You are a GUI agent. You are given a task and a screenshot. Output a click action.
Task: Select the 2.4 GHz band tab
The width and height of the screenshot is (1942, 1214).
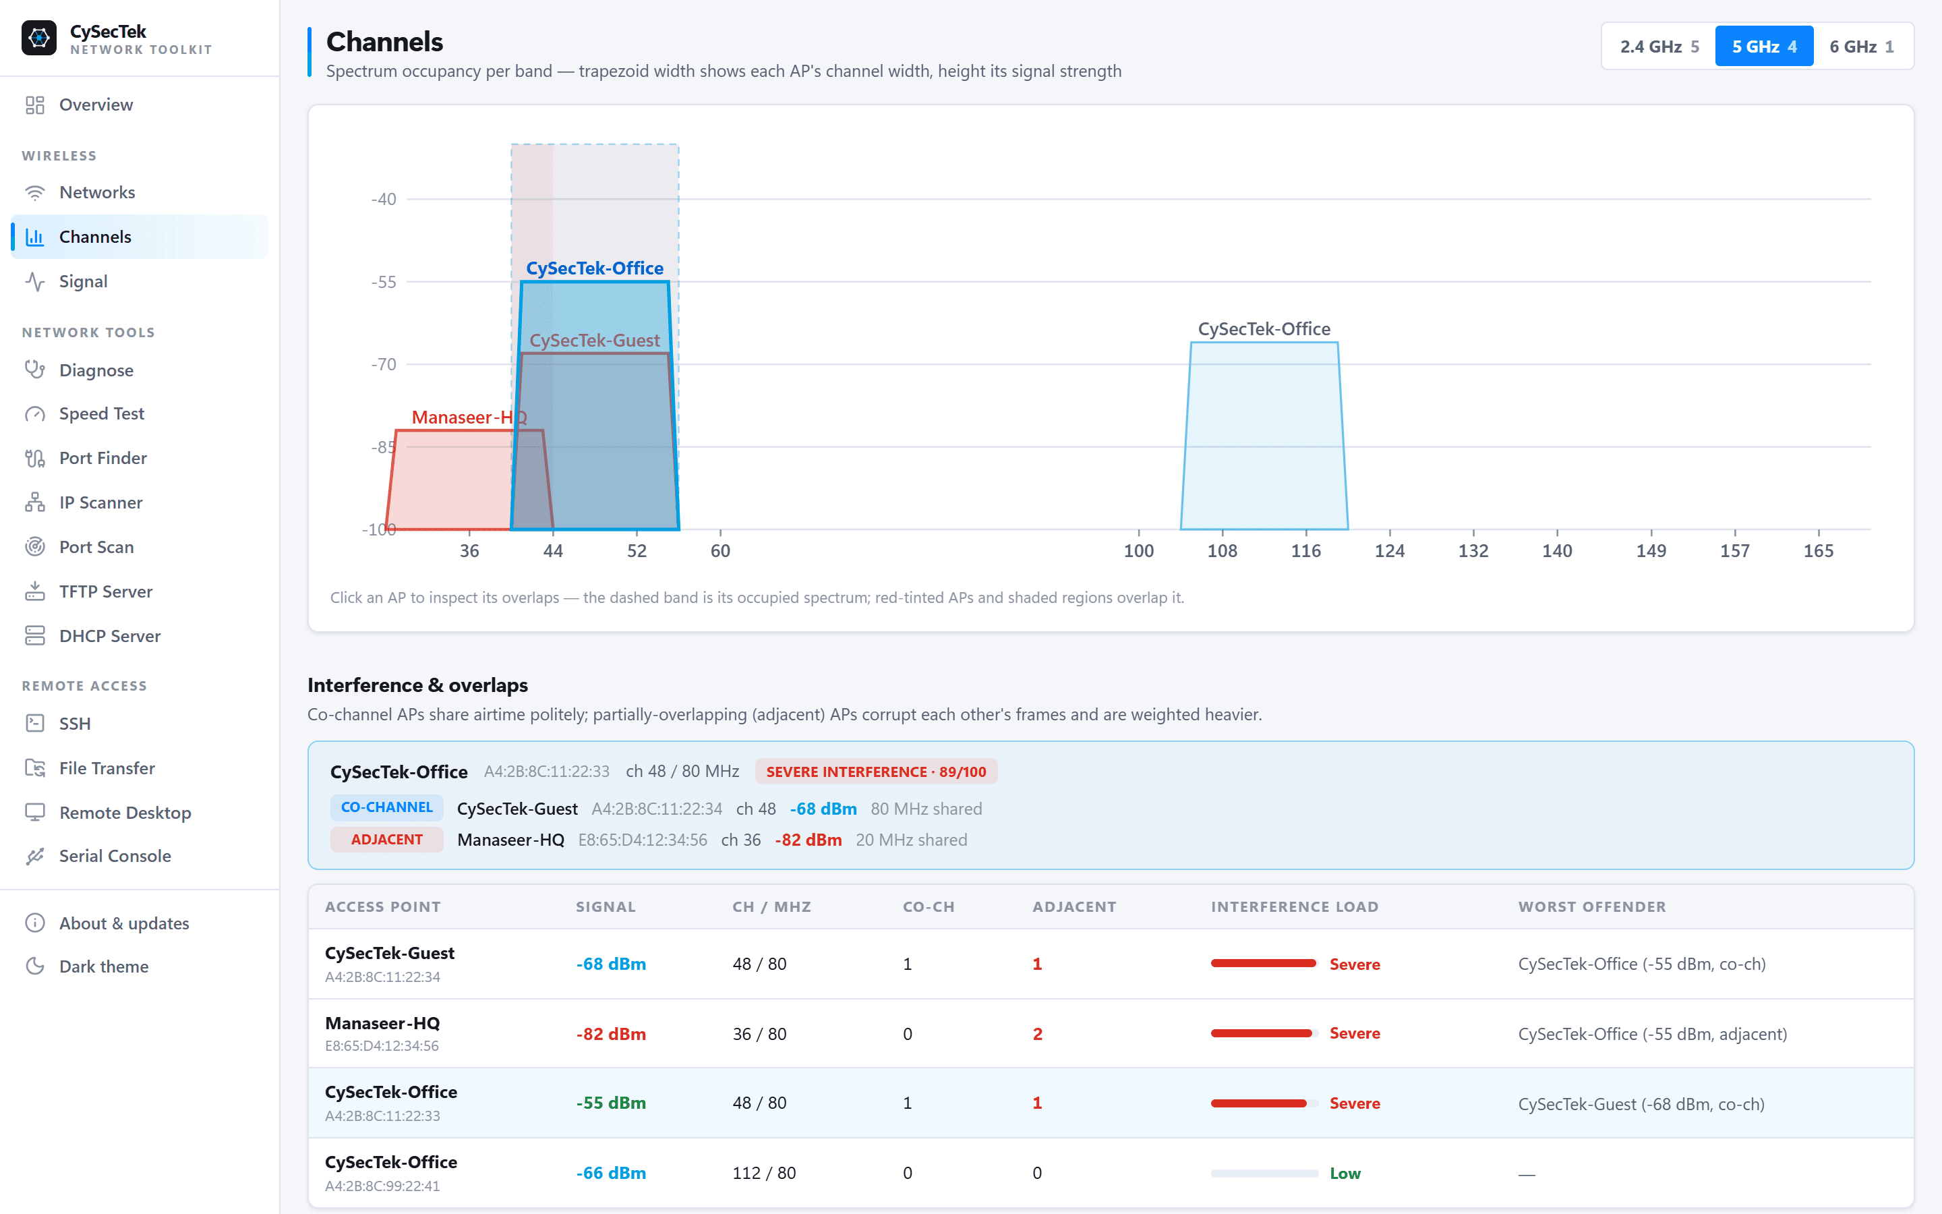(x=1659, y=47)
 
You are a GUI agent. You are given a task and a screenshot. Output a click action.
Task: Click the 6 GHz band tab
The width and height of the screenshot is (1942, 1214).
(x=1862, y=47)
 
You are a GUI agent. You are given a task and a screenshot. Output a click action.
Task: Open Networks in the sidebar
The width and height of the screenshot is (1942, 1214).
(x=97, y=193)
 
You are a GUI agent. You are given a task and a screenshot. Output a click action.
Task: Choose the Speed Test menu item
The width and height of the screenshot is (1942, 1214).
(x=102, y=413)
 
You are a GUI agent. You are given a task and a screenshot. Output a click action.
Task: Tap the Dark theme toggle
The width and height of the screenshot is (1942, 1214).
(x=104, y=966)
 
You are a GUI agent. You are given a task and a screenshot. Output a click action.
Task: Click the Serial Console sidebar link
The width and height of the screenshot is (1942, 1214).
(x=115, y=856)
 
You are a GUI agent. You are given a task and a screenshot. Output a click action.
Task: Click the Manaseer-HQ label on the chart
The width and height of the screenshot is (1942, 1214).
(x=469, y=417)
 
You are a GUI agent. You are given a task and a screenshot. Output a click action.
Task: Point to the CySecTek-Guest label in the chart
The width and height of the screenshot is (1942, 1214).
(x=595, y=341)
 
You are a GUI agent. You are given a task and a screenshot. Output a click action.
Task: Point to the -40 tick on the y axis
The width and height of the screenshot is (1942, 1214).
(x=384, y=199)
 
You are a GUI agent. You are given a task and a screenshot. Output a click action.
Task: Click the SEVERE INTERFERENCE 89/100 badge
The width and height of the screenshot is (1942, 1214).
(x=875, y=772)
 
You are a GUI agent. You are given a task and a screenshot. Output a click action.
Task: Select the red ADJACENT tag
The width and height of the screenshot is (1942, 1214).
(x=387, y=840)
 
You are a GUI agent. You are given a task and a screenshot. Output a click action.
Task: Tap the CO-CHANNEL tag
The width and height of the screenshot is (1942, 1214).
(x=387, y=808)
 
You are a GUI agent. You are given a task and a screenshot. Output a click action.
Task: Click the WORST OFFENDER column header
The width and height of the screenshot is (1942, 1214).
(x=1592, y=907)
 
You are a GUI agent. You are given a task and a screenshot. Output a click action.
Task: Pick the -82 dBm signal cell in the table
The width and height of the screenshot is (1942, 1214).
(x=611, y=1034)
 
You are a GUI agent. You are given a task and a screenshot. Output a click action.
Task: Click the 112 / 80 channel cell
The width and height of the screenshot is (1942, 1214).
(x=764, y=1173)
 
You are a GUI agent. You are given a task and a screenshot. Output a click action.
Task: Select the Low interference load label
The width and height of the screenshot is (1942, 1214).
(x=1345, y=1174)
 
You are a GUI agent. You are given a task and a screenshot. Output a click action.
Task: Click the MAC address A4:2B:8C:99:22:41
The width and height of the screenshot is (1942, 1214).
(x=382, y=1186)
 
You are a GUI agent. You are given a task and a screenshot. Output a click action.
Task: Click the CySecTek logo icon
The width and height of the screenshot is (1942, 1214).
(x=38, y=38)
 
